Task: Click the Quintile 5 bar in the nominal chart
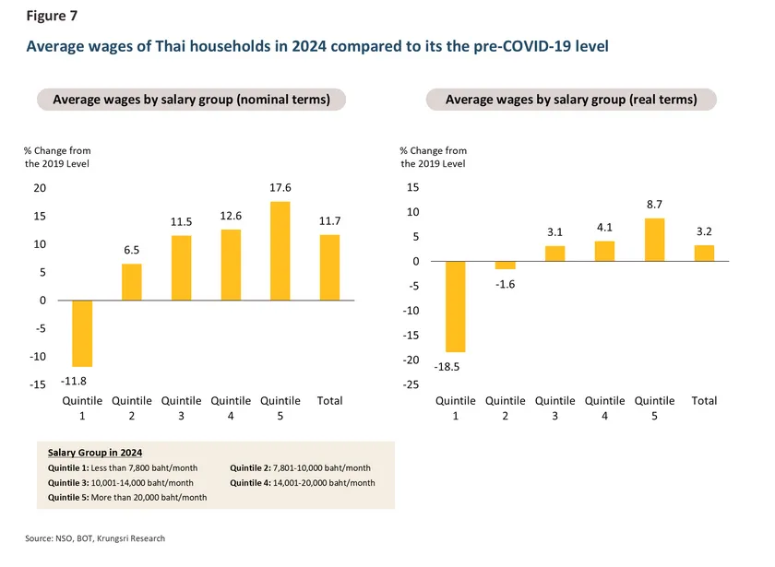pos(280,251)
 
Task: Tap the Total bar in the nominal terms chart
pos(329,267)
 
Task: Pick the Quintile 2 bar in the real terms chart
pos(507,266)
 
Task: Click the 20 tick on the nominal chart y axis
pos(40,188)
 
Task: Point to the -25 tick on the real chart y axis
pos(412,384)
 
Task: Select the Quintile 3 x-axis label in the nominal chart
pos(181,408)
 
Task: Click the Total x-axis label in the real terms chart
pos(704,401)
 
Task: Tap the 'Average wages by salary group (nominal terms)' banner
pos(191,100)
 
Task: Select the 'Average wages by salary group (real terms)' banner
pos(570,100)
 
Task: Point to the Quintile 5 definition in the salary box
pos(126,497)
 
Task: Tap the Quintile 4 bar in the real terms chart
pos(605,251)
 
